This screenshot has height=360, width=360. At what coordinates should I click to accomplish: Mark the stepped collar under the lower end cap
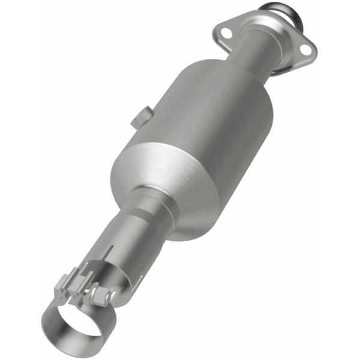(144, 207)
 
